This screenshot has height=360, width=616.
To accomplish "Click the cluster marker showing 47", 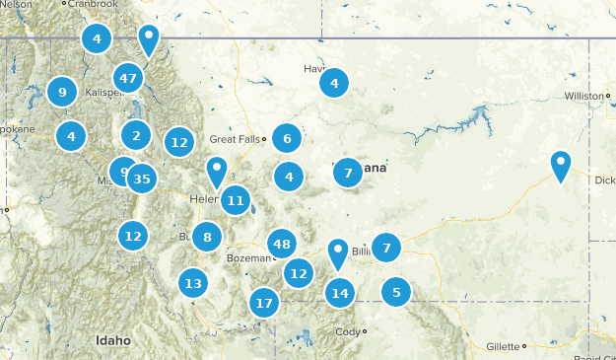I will [127, 77].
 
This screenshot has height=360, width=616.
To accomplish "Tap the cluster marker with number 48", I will [282, 244].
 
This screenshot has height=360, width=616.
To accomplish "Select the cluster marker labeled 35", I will [142, 179].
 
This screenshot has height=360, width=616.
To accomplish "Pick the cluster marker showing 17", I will [263, 302].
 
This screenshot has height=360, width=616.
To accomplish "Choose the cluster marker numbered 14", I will [340, 292].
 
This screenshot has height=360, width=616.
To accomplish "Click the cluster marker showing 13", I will [193, 283].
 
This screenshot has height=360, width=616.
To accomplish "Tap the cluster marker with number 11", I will [235, 201].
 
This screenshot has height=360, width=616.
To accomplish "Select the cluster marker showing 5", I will [396, 291].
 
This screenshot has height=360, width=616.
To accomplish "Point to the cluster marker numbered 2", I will [136, 135].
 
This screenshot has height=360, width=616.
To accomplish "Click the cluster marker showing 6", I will [287, 138].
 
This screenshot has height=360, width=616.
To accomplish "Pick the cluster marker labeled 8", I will [207, 236].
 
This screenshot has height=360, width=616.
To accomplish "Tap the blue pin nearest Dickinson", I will [560, 167].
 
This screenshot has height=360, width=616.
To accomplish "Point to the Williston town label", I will [582, 96].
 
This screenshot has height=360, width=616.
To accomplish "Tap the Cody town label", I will [348, 331].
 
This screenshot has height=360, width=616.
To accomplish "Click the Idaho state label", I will [113, 340].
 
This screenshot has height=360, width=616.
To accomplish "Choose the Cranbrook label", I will [97, 4].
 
